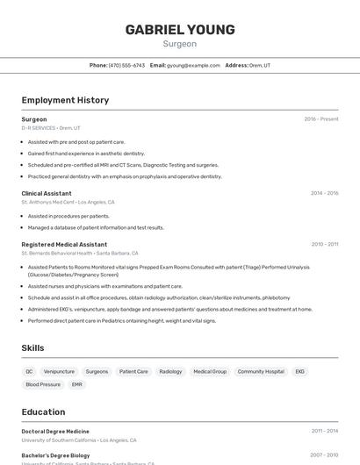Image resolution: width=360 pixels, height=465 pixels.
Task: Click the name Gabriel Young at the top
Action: point(180,30)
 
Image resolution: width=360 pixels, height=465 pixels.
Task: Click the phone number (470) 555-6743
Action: point(126,65)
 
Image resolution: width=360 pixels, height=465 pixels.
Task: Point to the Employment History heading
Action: point(65,100)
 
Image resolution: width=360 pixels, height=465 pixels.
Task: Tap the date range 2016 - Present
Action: point(321,119)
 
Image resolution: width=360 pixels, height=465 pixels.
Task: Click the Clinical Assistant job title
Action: point(47,193)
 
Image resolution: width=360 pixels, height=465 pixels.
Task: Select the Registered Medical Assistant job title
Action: point(64,244)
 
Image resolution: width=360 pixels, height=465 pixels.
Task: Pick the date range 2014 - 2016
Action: point(325,193)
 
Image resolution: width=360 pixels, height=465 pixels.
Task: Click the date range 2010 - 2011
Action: point(325,244)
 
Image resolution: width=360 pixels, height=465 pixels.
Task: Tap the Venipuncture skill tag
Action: point(59,371)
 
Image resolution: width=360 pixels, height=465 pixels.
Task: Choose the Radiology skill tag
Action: point(170,371)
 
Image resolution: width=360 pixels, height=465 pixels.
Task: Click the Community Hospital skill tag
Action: point(261,371)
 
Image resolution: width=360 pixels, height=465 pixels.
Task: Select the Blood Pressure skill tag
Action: point(43,384)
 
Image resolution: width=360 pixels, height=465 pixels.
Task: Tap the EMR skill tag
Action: point(77,384)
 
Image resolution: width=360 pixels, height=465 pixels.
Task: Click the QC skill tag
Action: point(29,371)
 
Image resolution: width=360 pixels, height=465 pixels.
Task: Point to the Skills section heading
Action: point(32,348)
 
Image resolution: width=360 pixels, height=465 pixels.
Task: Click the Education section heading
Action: point(43,411)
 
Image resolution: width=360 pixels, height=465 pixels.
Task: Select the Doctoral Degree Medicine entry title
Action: point(55,432)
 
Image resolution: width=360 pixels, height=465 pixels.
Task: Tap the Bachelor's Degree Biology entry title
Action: point(56,455)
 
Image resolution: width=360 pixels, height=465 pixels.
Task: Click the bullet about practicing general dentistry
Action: point(125,176)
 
